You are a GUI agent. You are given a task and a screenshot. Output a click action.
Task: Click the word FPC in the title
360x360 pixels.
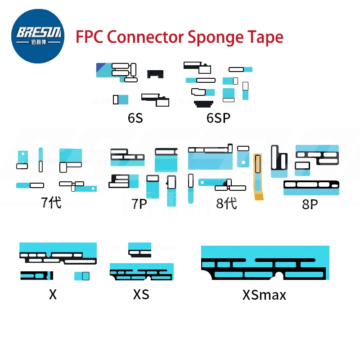[x=90, y=36]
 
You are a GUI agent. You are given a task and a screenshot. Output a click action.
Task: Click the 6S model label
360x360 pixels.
[x=135, y=118]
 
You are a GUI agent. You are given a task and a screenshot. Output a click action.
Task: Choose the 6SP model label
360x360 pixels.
[x=218, y=118]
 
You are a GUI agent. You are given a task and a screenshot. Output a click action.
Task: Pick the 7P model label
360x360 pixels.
[x=139, y=204]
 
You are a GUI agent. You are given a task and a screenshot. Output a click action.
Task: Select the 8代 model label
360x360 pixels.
[x=226, y=203]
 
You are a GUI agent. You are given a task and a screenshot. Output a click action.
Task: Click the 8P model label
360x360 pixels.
[x=310, y=205]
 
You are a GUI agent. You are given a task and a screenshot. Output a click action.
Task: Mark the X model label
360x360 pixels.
[x=53, y=295]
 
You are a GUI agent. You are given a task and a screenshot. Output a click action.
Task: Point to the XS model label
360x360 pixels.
[x=141, y=295]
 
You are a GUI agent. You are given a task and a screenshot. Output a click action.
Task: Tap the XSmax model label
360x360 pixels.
[x=264, y=295]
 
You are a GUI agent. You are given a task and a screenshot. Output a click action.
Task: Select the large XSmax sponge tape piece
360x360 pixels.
[x=263, y=263]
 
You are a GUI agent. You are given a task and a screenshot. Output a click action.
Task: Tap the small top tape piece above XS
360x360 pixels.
[x=139, y=248]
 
